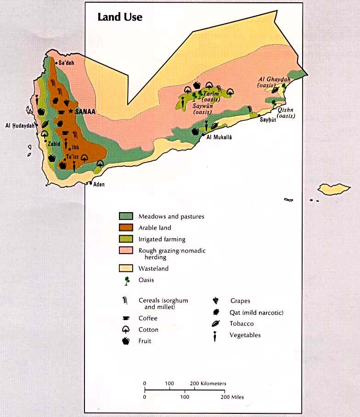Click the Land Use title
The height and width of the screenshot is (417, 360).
pos(120,17)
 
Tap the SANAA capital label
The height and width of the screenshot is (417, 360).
pos(85,111)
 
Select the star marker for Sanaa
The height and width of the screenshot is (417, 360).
pos(71,111)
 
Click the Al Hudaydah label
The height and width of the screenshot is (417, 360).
pos(20,125)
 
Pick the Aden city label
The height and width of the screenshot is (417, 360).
pos(99,185)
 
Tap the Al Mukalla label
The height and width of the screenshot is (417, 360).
pos(219,137)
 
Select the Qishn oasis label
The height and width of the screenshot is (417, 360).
pos(286,113)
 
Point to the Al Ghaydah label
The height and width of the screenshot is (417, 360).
pos(274,82)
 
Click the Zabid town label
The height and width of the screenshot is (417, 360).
pos(53,143)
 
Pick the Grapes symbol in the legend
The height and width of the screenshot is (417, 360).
pos(215,301)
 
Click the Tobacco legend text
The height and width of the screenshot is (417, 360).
pos(242,324)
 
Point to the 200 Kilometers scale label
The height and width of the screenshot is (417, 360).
pos(208,383)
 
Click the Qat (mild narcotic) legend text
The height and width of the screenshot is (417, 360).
pos(256,313)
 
